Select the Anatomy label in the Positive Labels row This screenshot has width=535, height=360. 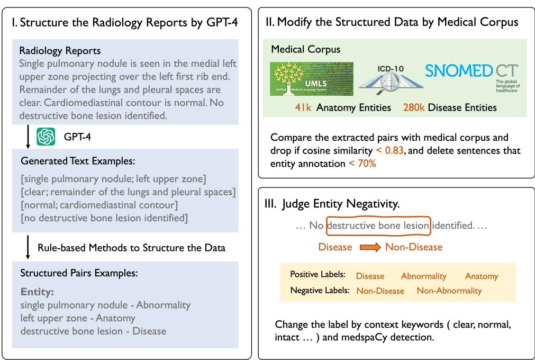coord(482,276)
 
